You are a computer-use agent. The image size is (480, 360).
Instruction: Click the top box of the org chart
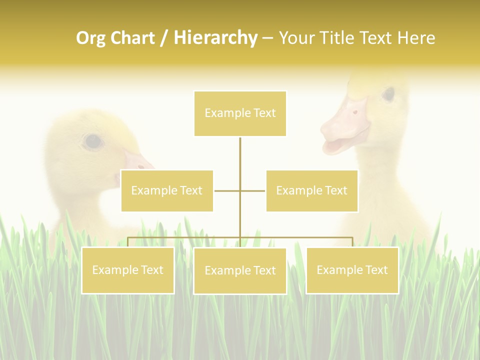point(240,113)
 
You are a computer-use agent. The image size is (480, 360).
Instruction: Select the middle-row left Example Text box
point(167,190)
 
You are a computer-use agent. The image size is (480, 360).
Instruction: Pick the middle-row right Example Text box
point(312,190)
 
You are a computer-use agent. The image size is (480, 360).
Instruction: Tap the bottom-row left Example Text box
point(128,270)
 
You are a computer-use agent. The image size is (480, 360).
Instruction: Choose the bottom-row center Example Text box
point(240,270)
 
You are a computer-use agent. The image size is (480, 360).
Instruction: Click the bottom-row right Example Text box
point(352,270)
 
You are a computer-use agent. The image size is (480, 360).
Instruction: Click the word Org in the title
point(90,38)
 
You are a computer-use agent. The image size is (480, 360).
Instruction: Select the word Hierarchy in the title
point(215,38)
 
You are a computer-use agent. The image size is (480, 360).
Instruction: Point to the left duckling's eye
point(92,141)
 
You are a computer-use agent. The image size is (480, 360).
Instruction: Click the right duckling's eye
point(388,94)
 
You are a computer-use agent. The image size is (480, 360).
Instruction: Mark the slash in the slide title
point(164,38)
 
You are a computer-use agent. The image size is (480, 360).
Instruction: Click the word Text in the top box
point(264,113)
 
